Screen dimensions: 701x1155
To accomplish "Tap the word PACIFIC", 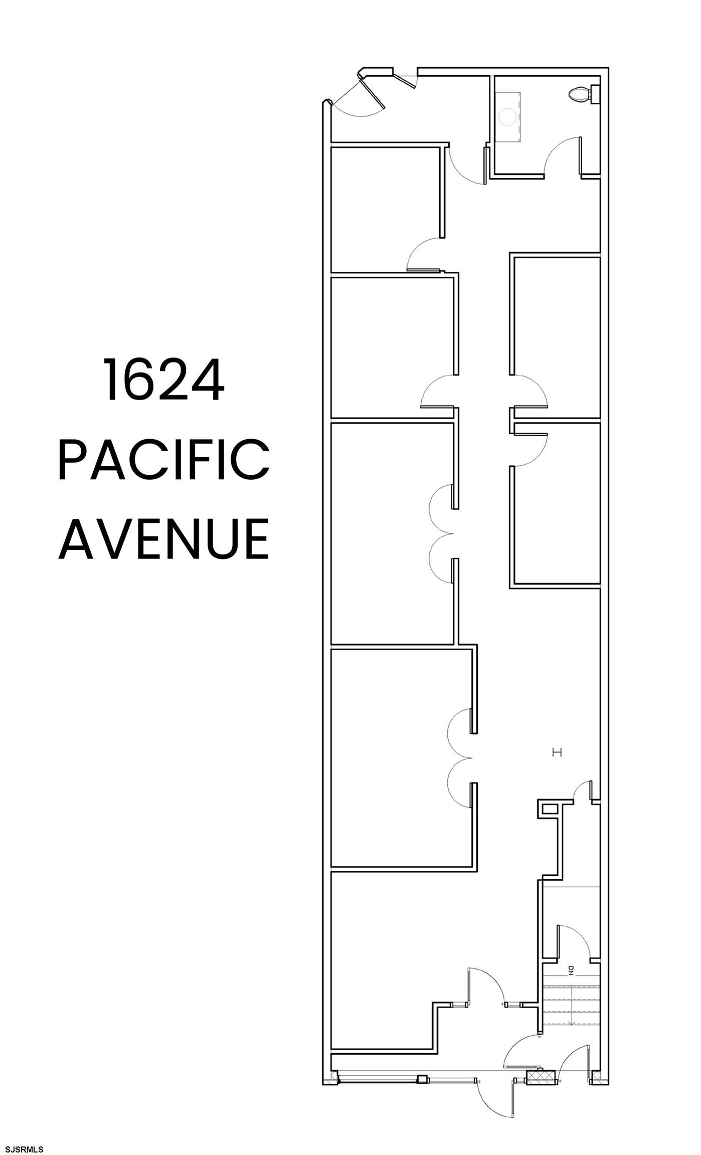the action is coord(164,459).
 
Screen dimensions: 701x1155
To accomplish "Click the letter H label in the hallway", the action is coord(557,752).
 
